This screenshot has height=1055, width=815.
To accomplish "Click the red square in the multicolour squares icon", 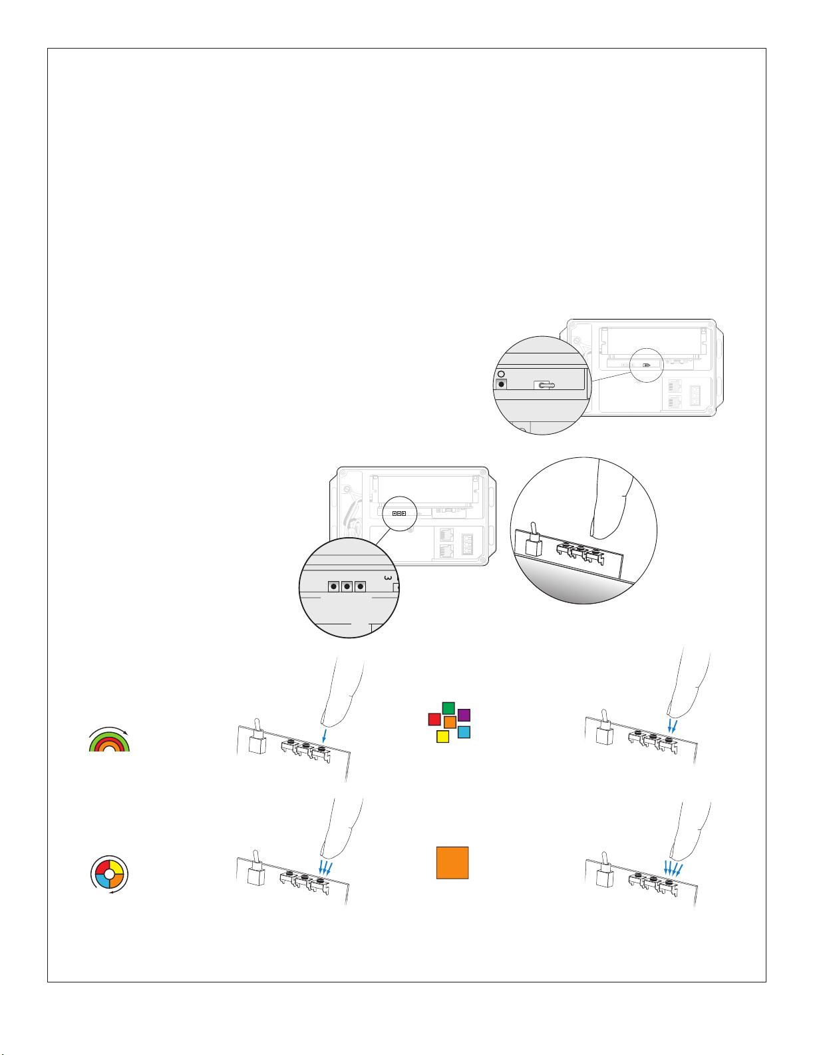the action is coord(434,719).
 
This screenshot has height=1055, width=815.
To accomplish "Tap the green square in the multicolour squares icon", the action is coord(448,708).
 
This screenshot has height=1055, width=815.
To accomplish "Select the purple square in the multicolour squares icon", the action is coord(464,715).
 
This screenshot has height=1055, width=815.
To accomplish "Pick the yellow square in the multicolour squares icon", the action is coord(442,737).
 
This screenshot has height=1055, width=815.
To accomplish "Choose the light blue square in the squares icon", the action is coord(464,732).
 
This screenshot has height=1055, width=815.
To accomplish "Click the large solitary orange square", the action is coord(452,863).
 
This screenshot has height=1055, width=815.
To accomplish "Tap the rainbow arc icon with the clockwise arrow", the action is coord(109,739).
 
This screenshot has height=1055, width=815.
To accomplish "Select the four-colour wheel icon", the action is coord(110,875).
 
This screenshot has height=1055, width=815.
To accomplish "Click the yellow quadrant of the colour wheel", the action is coord(117,867).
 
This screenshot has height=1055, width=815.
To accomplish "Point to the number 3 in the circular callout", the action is coord(387,578).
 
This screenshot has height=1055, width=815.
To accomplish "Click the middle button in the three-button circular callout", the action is coord(347,586).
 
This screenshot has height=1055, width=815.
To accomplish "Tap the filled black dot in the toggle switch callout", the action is coord(502,384).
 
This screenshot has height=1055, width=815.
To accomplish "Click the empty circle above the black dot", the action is coord(501,374).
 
